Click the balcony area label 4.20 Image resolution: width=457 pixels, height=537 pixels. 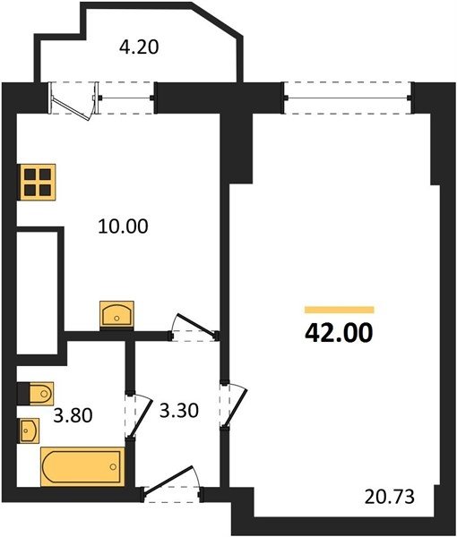[139, 47]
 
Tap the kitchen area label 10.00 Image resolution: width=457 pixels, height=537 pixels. [123, 226]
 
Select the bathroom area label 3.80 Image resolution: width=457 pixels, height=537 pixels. [73, 415]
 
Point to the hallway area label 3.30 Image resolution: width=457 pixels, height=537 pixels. [179, 411]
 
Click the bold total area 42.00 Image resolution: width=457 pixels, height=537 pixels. [339, 333]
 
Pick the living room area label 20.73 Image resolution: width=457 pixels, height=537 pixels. [390, 497]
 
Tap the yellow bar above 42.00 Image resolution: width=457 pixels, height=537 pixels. [339, 310]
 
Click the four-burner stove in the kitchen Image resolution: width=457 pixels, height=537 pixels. [37, 183]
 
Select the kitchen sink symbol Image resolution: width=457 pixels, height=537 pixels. [116, 314]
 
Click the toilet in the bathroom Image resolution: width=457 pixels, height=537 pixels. [36, 394]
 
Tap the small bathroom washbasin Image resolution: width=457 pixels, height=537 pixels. [29, 430]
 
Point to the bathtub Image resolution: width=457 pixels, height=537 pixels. [82, 466]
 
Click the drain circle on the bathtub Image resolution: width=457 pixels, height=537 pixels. [113, 466]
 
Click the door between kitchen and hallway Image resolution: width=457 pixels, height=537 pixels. [194, 328]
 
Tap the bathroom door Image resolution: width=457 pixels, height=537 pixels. [139, 415]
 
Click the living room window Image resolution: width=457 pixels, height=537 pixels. [348, 98]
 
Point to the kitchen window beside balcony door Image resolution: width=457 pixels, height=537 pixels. [127, 98]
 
